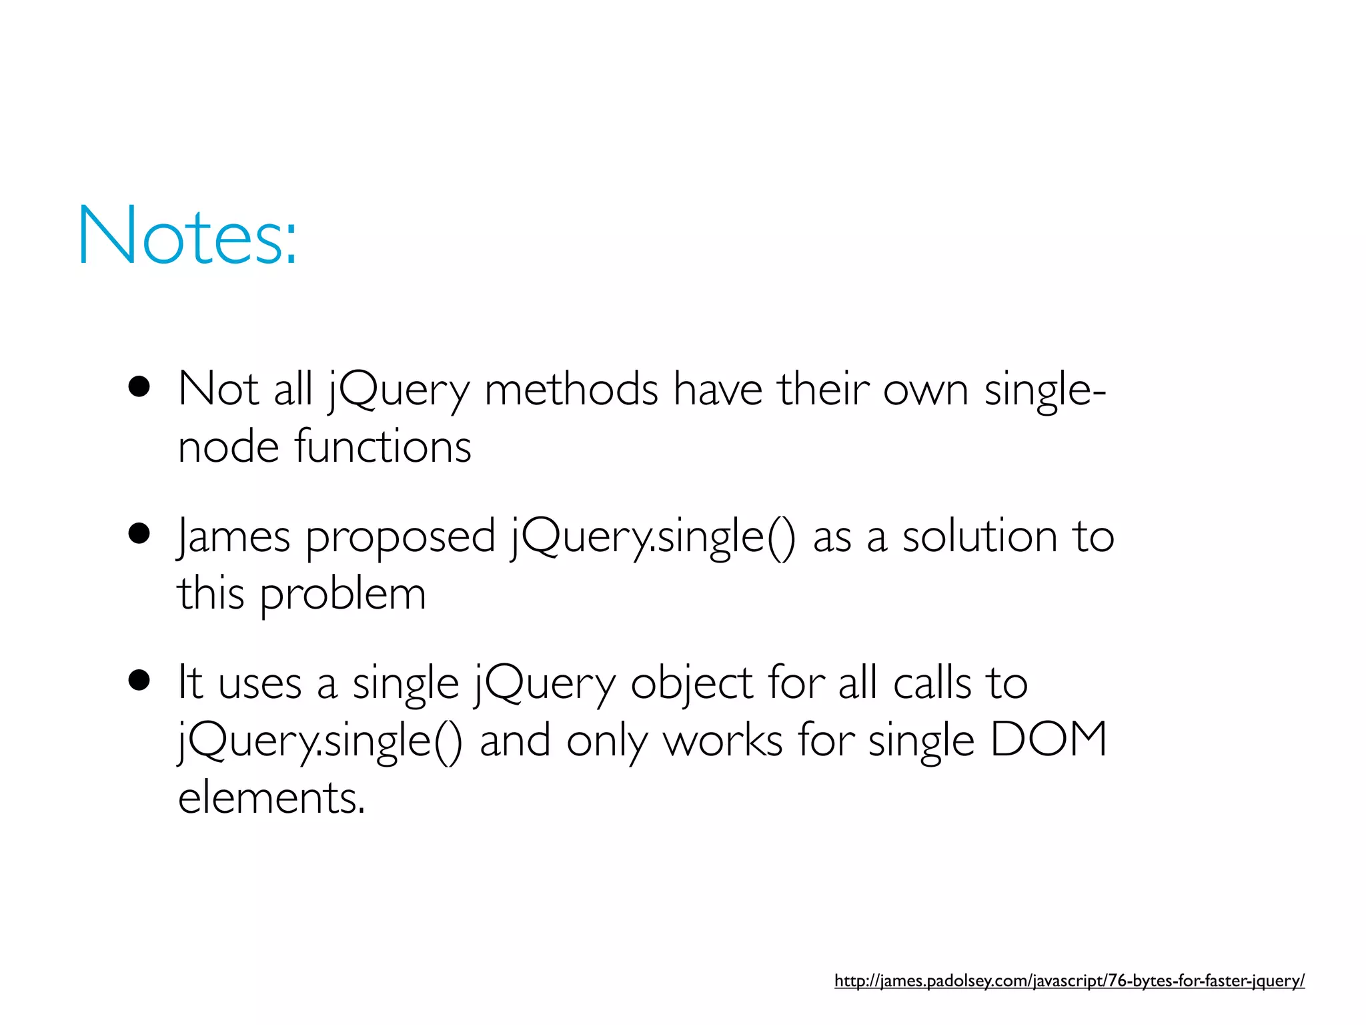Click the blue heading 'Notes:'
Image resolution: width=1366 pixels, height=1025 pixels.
point(187,236)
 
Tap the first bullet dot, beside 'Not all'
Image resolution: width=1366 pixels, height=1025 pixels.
point(139,387)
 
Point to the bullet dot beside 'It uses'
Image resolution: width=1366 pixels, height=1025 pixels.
point(139,681)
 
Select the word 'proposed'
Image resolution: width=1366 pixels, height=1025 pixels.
point(400,538)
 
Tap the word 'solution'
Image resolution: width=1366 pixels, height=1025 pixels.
point(980,537)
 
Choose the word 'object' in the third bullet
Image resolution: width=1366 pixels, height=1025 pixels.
point(692,684)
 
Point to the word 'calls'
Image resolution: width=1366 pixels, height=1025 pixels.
point(932,683)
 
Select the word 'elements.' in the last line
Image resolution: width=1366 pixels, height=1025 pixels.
point(271,797)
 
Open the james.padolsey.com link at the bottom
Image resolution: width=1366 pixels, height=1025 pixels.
point(1069,980)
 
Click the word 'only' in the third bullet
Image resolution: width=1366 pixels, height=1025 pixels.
point(606,741)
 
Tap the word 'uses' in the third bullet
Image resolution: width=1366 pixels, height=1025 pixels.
point(260,684)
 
